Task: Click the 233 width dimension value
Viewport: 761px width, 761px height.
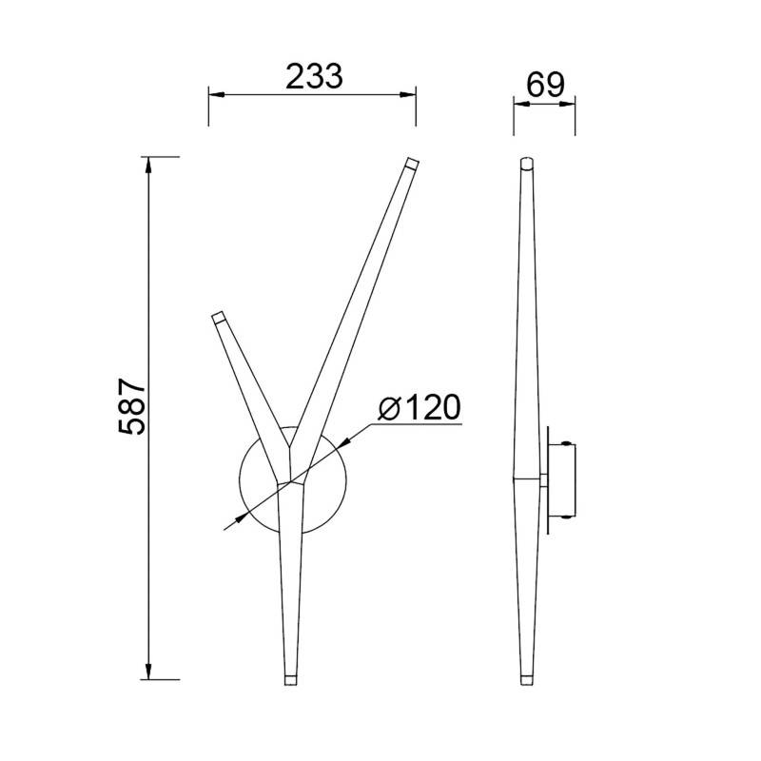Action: coord(314,77)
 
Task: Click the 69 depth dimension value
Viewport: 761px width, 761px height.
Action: coord(545,86)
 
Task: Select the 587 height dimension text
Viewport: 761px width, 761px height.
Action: coord(132,407)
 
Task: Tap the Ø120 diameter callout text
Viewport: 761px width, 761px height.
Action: coord(419,408)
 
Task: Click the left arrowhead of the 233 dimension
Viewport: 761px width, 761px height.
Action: coord(217,94)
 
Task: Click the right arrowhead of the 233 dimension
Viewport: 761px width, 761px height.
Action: coord(408,94)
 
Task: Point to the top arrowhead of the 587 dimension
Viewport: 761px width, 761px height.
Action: coord(148,166)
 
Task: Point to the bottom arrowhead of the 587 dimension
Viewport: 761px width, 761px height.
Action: coord(148,672)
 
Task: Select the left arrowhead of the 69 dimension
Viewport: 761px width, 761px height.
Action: coord(520,104)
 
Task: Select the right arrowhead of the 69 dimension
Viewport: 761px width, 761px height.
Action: coord(568,104)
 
